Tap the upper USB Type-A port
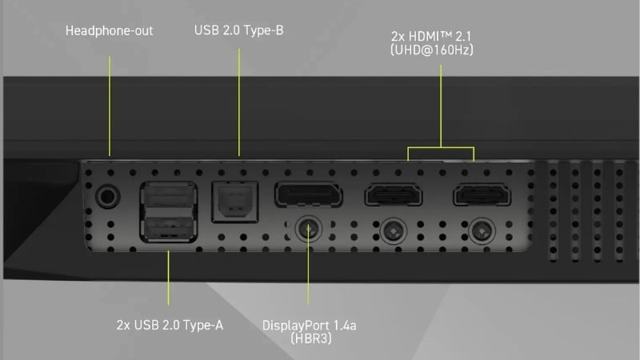click(169, 195)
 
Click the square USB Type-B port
click(231, 202)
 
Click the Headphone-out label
click(109, 31)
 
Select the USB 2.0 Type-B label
click(239, 31)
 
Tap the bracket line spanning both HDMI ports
click(441, 147)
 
